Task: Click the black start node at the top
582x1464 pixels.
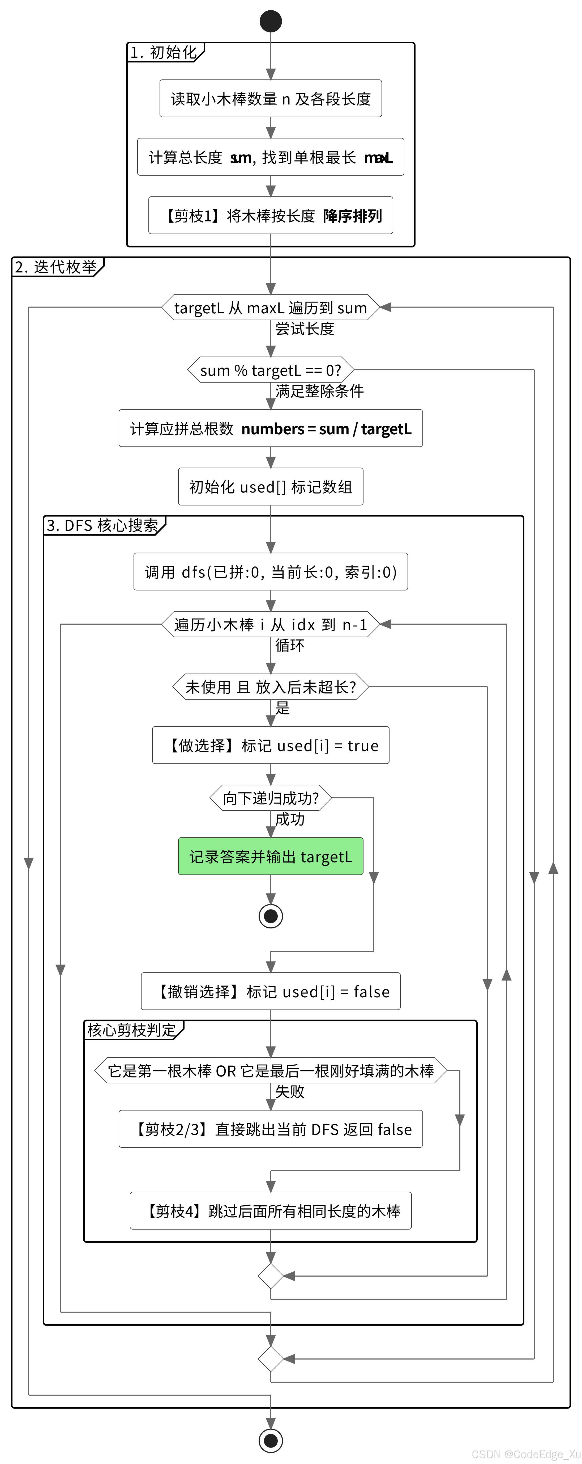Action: [x=271, y=21]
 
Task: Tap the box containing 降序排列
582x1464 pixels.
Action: [x=271, y=215]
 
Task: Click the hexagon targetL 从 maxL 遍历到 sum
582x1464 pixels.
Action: [x=271, y=308]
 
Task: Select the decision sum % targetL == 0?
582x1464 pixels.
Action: [x=271, y=370]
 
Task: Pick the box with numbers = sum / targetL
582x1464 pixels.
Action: [x=271, y=428]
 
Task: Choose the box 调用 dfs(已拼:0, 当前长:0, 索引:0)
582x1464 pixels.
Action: [x=271, y=572]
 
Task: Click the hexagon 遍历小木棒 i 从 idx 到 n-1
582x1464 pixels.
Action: [x=271, y=625]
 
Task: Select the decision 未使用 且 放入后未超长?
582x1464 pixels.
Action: [x=271, y=687]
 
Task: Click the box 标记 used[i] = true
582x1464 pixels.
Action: [x=271, y=745]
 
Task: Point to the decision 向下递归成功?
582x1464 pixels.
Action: [x=271, y=798]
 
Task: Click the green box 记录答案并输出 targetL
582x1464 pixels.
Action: [x=271, y=856]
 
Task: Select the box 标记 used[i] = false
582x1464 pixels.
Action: [x=271, y=991]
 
